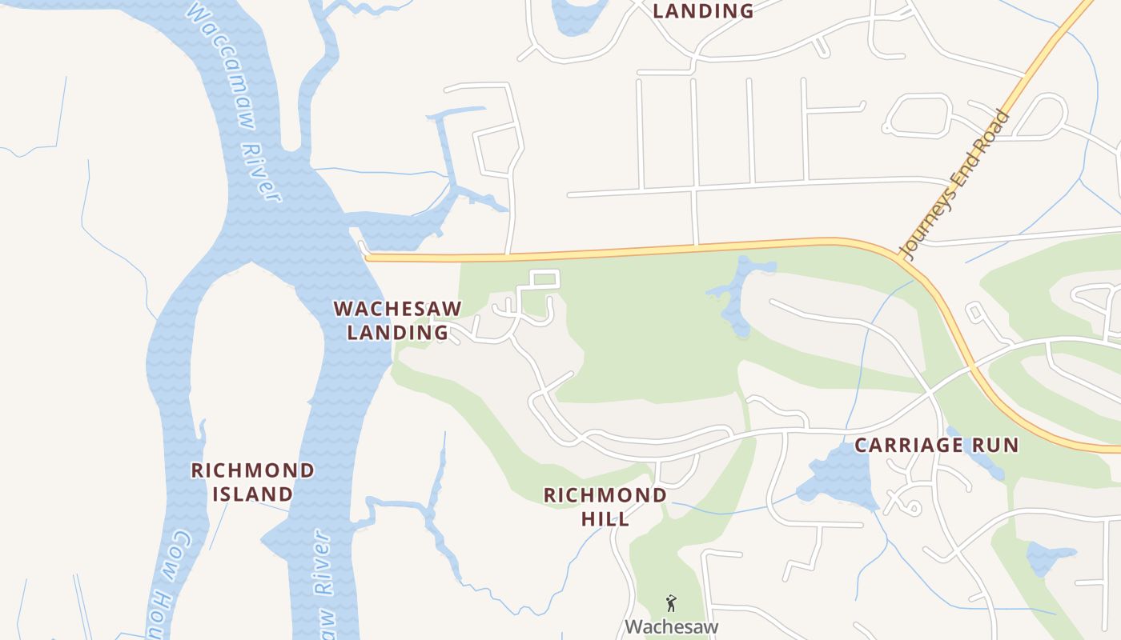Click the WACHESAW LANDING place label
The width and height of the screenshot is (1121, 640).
click(x=397, y=320)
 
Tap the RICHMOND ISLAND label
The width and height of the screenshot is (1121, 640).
click(x=252, y=482)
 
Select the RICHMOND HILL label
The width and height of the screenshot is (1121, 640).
click(x=605, y=506)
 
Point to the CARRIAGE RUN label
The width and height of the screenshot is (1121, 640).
click(x=936, y=446)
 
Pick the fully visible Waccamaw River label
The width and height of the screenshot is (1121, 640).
click(x=233, y=100)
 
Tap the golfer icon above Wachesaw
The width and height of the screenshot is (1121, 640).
click(x=671, y=603)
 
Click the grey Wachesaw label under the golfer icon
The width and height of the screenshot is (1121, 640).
click(x=671, y=626)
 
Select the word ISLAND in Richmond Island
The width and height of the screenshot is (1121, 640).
click(x=252, y=494)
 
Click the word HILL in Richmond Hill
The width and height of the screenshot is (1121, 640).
click(x=605, y=518)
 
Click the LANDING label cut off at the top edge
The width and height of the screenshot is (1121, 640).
click(x=703, y=11)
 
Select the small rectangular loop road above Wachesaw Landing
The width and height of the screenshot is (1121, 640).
click(x=544, y=280)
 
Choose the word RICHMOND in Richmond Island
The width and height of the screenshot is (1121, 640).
click(x=252, y=470)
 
